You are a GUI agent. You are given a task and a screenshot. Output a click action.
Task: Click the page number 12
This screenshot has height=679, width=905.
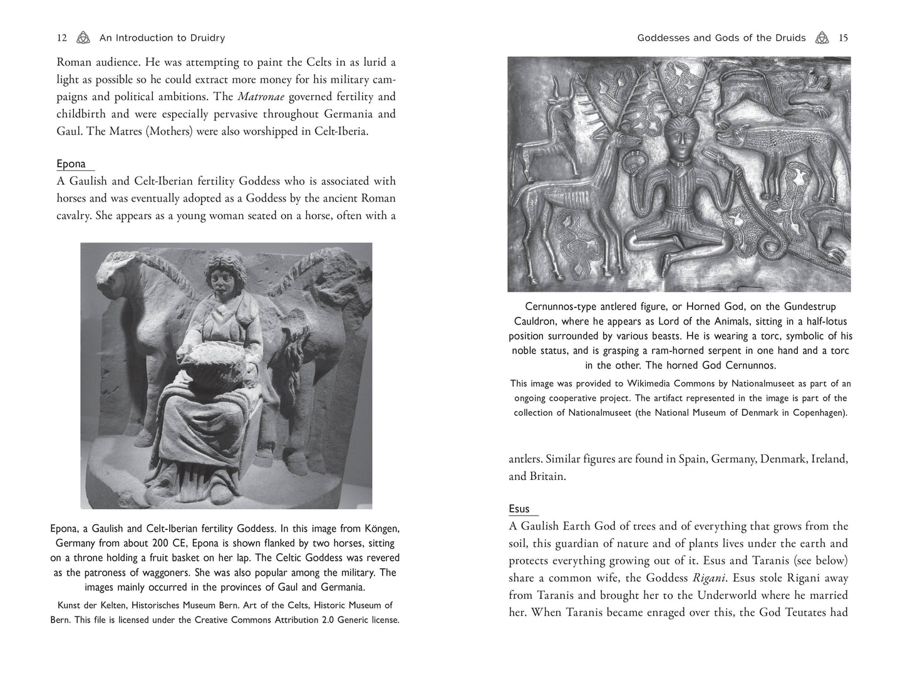click(61, 38)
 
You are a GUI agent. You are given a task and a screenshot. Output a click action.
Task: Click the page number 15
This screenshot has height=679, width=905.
click(843, 38)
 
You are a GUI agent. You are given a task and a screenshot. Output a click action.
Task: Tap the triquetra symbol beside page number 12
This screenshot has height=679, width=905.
click(83, 38)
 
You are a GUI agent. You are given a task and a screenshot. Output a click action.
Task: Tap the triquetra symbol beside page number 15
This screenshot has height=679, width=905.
click(822, 38)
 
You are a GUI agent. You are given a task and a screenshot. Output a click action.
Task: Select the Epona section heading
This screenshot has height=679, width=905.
click(71, 163)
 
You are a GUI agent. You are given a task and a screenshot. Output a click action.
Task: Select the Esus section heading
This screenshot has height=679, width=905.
click(519, 509)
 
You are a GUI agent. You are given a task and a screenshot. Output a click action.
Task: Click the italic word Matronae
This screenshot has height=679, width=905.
click(259, 96)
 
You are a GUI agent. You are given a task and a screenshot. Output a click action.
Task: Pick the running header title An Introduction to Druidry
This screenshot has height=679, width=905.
click(162, 38)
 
